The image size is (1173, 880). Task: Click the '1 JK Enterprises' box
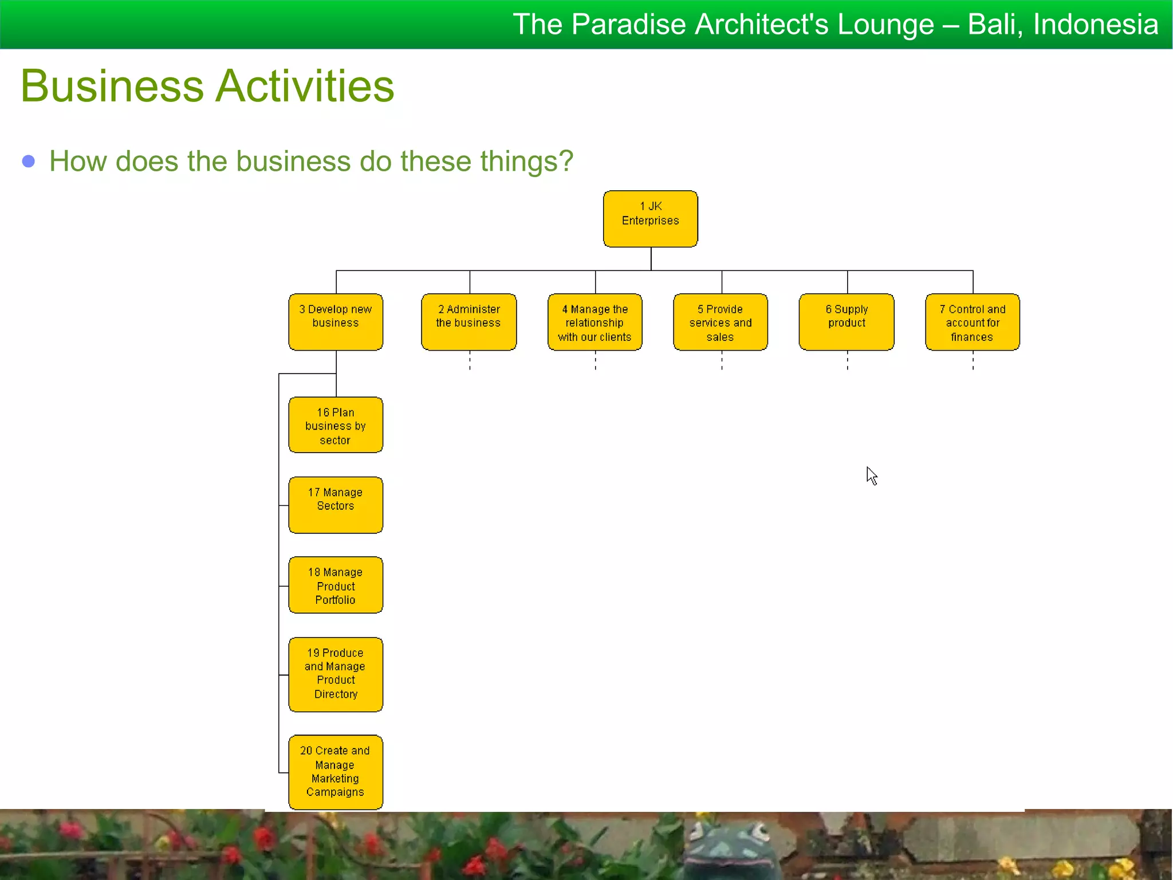pos(650,219)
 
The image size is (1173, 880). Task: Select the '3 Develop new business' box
pos(336,321)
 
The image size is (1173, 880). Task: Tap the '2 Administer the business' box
pos(469,321)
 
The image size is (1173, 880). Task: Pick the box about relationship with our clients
pos(595,321)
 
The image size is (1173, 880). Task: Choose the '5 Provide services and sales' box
pos(720,321)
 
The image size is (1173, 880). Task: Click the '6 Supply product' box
pos(846,321)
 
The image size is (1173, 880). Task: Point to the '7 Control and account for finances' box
pos(972,321)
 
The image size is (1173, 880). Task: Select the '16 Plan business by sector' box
pos(336,425)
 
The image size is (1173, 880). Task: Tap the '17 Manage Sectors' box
pos(336,505)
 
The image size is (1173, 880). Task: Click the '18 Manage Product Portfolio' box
pos(336,585)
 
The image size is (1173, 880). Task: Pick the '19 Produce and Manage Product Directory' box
pos(336,674)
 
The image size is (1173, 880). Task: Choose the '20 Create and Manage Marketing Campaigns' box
pos(336,772)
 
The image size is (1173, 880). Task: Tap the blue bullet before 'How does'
pos(28,162)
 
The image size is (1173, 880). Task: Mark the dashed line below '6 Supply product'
pos(847,361)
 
